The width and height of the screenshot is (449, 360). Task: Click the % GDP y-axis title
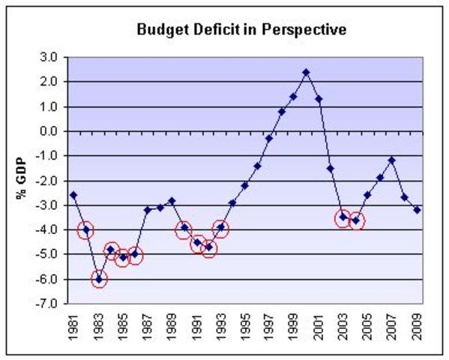pyautogui.click(x=23, y=179)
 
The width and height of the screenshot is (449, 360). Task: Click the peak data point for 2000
pyautogui.click(x=306, y=72)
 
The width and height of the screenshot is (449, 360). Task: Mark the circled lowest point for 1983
pyautogui.click(x=98, y=279)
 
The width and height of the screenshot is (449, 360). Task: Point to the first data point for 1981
pyautogui.click(x=73, y=195)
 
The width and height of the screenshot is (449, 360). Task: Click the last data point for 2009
pyautogui.click(x=417, y=210)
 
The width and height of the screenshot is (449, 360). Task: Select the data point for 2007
pyautogui.click(x=391, y=160)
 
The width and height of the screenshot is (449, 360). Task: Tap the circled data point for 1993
pyautogui.click(x=220, y=227)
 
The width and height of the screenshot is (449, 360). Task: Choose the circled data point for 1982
pyautogui.click(x=86, y=229)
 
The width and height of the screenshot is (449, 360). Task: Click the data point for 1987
pyautogui.click(x=147, y=210)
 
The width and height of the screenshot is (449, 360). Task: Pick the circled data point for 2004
pyautogui.click(x=356, y=220)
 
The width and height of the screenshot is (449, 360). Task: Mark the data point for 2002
pyautogui.click(x=331, y=168)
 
